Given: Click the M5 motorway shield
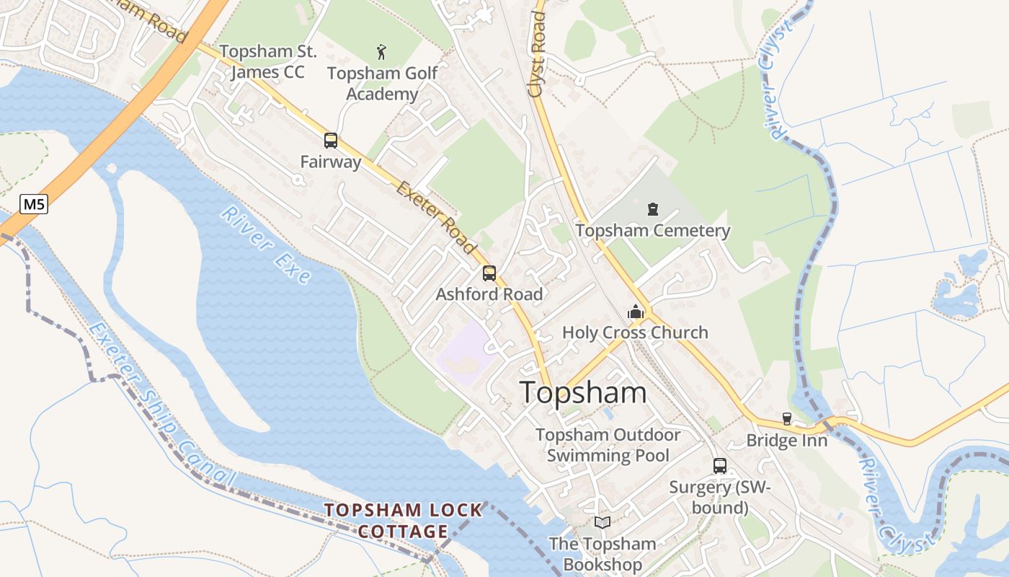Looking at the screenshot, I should (x=33, y=205).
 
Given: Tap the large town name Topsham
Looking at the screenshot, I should (x=583, y=393).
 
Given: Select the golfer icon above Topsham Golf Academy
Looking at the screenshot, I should (x=381, y=51).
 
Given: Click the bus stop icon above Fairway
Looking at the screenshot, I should (x=331, y=141).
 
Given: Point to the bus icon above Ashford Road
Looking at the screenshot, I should (x=489, y=273).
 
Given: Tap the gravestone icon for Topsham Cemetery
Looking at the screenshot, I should (x=653, y=210).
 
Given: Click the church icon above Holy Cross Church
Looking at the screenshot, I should (x=636, y=312).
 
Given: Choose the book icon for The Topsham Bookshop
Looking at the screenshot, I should (x=603, y=523).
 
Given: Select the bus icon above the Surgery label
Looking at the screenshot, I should (x=720, y=466).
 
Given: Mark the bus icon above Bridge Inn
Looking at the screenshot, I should (x=787, y=419).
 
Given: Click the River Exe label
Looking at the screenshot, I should (x=265, y=245).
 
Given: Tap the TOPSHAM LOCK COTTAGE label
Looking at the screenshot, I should (x=403, y=521).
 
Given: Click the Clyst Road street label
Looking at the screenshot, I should (x=537, y=54).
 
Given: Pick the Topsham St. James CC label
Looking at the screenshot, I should (x=267, y=61).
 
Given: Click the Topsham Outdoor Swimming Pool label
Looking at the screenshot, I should (x=608, y=445).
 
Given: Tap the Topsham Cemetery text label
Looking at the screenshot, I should (x=653, y=231).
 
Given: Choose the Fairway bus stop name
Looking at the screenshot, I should (x=331, y=162).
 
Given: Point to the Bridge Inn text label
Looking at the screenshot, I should (x=787, y=440).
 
